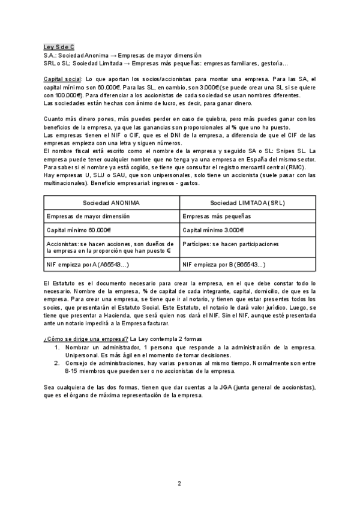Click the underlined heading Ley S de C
[59, 46]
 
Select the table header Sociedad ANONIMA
[111, 203]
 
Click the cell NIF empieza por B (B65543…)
[224, 264]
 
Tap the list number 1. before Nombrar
[57, 348]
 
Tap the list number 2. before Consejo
[57, 363]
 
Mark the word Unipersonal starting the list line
[82, 355]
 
